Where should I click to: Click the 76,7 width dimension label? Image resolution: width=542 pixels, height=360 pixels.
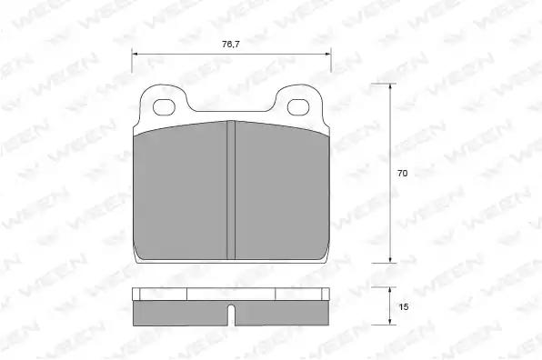231,45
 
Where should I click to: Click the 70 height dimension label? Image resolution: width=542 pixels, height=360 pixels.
402,174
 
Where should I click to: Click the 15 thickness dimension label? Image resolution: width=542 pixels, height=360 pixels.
404,306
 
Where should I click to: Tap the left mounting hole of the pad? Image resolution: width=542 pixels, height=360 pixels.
164,107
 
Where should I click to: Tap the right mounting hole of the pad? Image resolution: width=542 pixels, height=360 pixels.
298,107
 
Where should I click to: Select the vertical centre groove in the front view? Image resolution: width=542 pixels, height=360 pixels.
231,190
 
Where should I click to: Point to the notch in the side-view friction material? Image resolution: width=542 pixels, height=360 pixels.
231,315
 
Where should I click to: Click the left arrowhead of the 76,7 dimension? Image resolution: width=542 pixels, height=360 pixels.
135,54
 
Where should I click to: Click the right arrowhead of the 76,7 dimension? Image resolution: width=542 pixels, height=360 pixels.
327,54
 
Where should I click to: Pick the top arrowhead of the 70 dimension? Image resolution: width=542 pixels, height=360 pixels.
390,87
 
